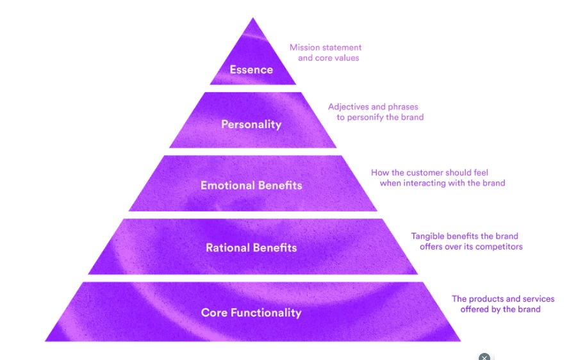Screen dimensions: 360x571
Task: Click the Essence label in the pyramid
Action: coord(251,69)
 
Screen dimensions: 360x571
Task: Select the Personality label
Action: coord(251,124)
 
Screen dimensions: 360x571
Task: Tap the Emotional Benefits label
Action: coord(251,186)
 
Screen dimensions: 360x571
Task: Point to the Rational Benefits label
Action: coord(251,247)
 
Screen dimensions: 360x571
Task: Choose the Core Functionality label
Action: coord(251,313)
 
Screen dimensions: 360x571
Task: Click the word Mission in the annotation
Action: coord(305,47)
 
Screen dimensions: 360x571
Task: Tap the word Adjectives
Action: coord(350,107)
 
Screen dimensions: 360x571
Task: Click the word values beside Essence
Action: coord(346,58)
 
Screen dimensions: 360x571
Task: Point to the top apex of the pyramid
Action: coord(253,19)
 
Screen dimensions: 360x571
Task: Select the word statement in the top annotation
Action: coord(343,47)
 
